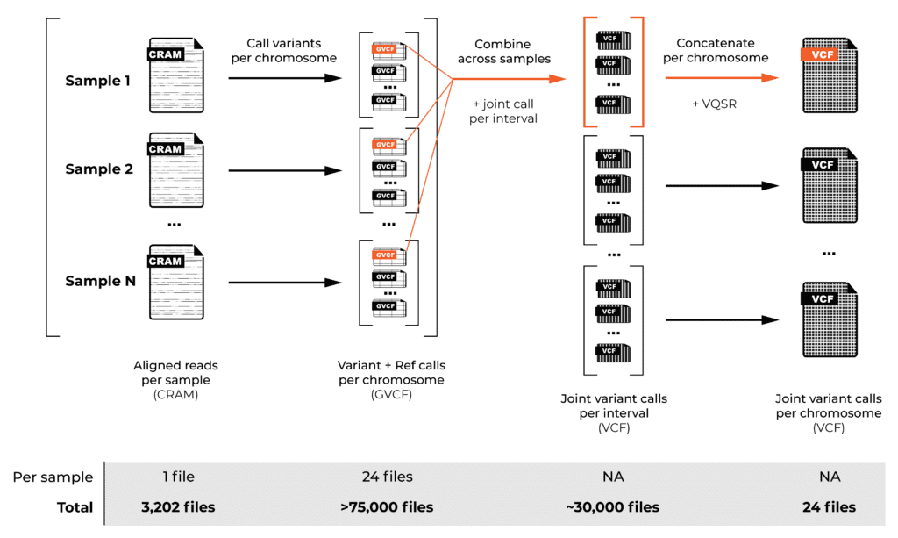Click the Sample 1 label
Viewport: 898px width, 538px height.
pyautogui.click(x=98, y=81)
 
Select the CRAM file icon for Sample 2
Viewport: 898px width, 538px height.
pyautogui.click(x=176, y=170)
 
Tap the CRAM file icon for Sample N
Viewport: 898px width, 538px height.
pyautogui.click(x=176, y=282)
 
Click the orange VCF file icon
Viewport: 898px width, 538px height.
pyautogui.click(x=830, y=75)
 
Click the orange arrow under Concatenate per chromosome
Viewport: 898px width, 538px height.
pyautogui.click(x=722, y=78)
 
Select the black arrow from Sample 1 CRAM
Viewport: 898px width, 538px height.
pyautogui.click(x=285, y=78)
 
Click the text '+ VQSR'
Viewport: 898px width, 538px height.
pyautogui.click(x=714, y=104)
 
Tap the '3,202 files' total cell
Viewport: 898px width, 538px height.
pyautogui.click(x=178, y=507)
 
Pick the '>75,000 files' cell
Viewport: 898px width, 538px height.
pyautogui.click(x=387, y=507)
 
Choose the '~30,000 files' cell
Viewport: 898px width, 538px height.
pyautogui.click(x=613, y=507)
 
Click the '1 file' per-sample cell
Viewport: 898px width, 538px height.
pyautogui.click(x=179, y=477)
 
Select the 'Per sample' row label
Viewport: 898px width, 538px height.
pyautogui.click(x=53, y=477)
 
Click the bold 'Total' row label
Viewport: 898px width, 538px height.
pyautogui.click(x=75, y=507)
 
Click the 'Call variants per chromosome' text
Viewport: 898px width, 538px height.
pyautogui.click(x=283, y=50)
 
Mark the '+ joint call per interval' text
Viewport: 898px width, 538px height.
pyautogui.click(x=503, y=111)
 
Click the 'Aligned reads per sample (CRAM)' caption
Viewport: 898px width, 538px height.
pyautogui.click(x=175, y=380)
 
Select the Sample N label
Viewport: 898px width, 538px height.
pyautogui.click(x=100, y=282)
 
